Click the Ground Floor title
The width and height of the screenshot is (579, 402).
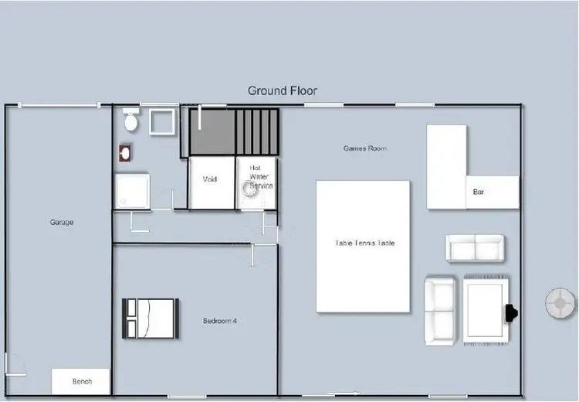pos(282,90)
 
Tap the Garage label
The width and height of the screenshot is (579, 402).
pos(62,223)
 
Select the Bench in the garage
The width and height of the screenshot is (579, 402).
pos(81,381)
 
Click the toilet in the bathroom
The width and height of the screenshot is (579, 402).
pos(131,121)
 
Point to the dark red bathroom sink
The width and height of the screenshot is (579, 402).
pos(125,152)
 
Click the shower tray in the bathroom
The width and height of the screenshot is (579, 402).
pos(132,190)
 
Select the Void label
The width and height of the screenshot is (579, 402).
pos(210,179)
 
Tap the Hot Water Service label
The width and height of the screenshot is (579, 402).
pos(259,177)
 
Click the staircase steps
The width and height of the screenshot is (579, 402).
pos(259,131)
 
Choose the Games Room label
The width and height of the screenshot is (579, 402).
pos(365,148)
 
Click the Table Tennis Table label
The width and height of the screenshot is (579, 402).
pos(364,243)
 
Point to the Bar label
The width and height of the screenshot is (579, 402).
pos(479,192)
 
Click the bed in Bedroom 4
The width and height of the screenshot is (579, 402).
pos(151,318)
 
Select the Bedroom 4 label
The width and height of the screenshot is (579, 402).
pos(219,320)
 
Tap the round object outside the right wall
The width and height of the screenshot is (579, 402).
pos(560,303)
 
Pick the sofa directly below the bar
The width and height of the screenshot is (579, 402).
pos(475,247)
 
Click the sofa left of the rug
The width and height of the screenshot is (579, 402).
pos(441,310)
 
